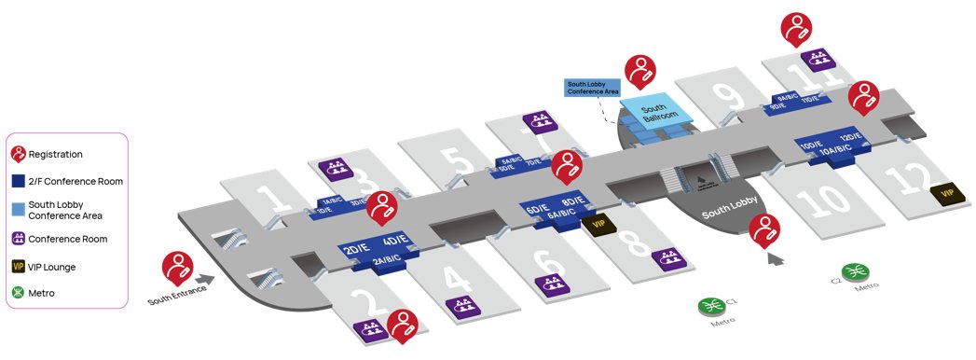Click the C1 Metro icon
[710, 307]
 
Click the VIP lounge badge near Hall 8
[595, 225]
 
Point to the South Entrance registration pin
[177, 268]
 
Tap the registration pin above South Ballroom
[639, 71]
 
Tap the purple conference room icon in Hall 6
[549, 283]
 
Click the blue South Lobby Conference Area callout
[593, 88]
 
